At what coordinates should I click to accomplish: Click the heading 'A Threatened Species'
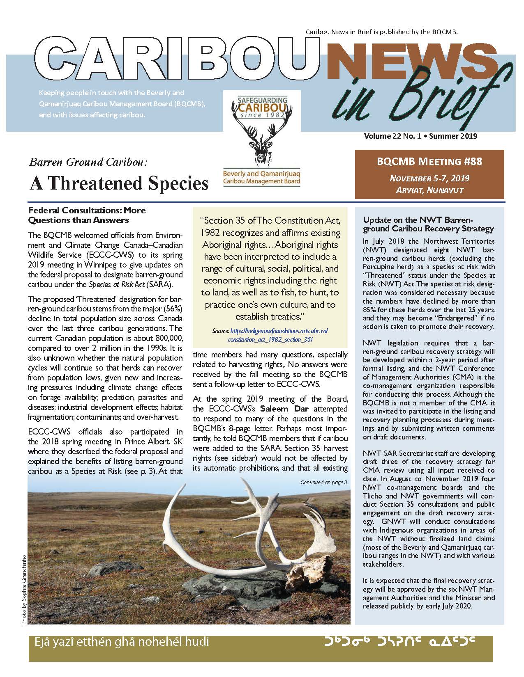tap(119, 183)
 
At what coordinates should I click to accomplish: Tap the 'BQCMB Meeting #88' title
tap(429, 161)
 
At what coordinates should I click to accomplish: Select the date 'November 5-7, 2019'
tap(429, 178)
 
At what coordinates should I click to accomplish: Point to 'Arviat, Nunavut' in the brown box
tap(429, 190)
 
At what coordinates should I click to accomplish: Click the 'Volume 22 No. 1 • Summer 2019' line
tap(420, 136)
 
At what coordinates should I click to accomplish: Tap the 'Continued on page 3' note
tap(324, 482)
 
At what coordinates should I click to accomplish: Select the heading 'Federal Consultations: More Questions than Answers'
tap(86, 215)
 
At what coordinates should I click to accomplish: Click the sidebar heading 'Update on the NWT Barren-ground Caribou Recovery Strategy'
tap(428, 224)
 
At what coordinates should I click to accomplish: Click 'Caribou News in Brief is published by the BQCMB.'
tap(381, 32)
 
